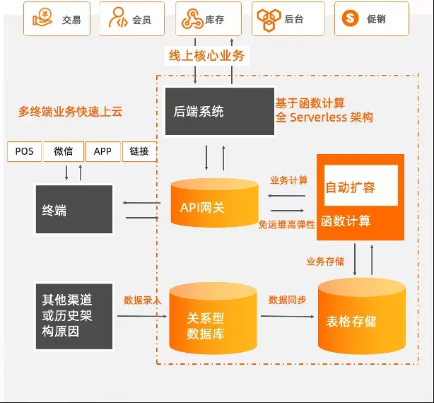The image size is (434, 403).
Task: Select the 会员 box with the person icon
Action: point(131,18)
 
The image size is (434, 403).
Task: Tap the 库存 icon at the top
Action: point(191,18)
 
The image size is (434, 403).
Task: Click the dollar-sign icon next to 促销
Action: point(351,18)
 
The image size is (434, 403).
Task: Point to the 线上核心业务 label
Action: point(206,55)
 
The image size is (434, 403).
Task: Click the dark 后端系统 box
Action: point(209,111)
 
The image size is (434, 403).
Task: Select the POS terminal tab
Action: point(24,152)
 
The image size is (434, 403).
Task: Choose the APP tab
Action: point(102,152)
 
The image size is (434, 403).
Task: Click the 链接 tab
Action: point(139,152)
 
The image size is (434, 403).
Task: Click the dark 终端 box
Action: point(74,210)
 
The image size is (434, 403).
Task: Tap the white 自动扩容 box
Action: point(360,186)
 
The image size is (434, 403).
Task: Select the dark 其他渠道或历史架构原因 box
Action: point(74,316)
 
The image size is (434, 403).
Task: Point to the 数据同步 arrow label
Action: point(287,300)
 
